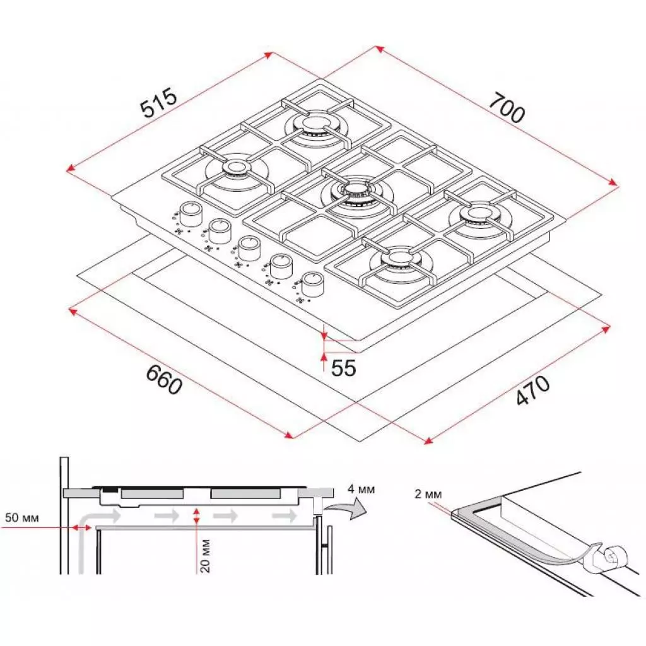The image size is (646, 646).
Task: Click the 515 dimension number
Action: pyautogui.click(x=159, y=103)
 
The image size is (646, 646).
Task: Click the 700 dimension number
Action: pyautogui.click(x=507, y=107)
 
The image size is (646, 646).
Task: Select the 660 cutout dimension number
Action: pyautogui.click(x=164, y=380)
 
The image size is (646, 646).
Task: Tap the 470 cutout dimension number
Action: pyautogui.click(x=532, y=389)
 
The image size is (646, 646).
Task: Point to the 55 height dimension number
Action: pyautogui.click(x=343, y=368)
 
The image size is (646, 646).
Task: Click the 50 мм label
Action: pyautogui.click(x=22, y=517)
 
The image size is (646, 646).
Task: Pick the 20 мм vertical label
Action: pyautogui.click(x=206, y=555)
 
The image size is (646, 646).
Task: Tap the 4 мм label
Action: pyautogui.click(x=361, y=489)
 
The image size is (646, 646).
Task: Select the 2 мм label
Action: pyautogui.click(x=428, y=493)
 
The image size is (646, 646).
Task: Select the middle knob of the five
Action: pyautogui.click(x=249, y=249)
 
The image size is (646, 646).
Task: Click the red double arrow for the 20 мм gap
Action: pyautogui.click(x=197, y=516)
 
